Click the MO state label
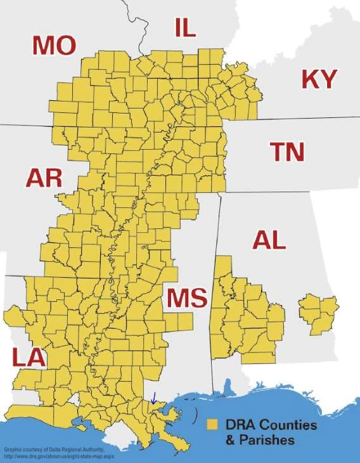[55, 46]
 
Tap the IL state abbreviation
[186, 28]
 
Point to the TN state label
[287, 152]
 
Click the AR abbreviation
[44, 178]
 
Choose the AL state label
[269, 240]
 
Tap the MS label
[187, 297]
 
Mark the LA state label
[29, 358]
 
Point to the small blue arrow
[153, 398]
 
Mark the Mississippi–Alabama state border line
[216, 285]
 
